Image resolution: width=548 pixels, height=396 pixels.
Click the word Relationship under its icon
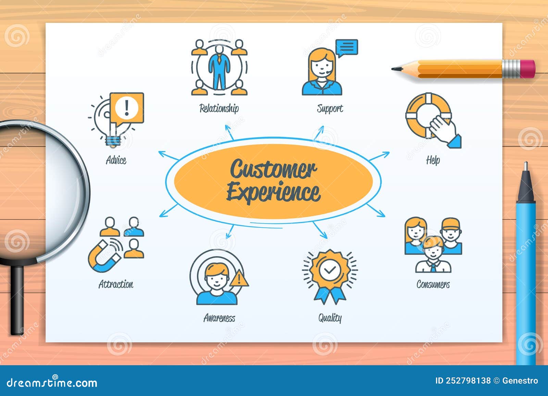(219, 108)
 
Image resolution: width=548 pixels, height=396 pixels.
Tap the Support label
(329, 108)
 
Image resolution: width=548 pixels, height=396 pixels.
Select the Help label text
(433, 160)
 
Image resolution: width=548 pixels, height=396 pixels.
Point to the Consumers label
(433, 284)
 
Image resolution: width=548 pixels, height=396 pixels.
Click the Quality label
(330, 318)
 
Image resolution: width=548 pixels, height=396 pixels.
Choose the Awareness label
(219, 318)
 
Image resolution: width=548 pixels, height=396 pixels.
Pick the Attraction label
(116, 284)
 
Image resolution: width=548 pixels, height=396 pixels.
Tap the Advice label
(116, 160)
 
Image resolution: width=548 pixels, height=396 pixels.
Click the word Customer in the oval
(273, 169)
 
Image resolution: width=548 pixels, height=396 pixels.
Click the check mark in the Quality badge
(329, 270)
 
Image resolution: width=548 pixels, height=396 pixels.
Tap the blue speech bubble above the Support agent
(347, 47)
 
